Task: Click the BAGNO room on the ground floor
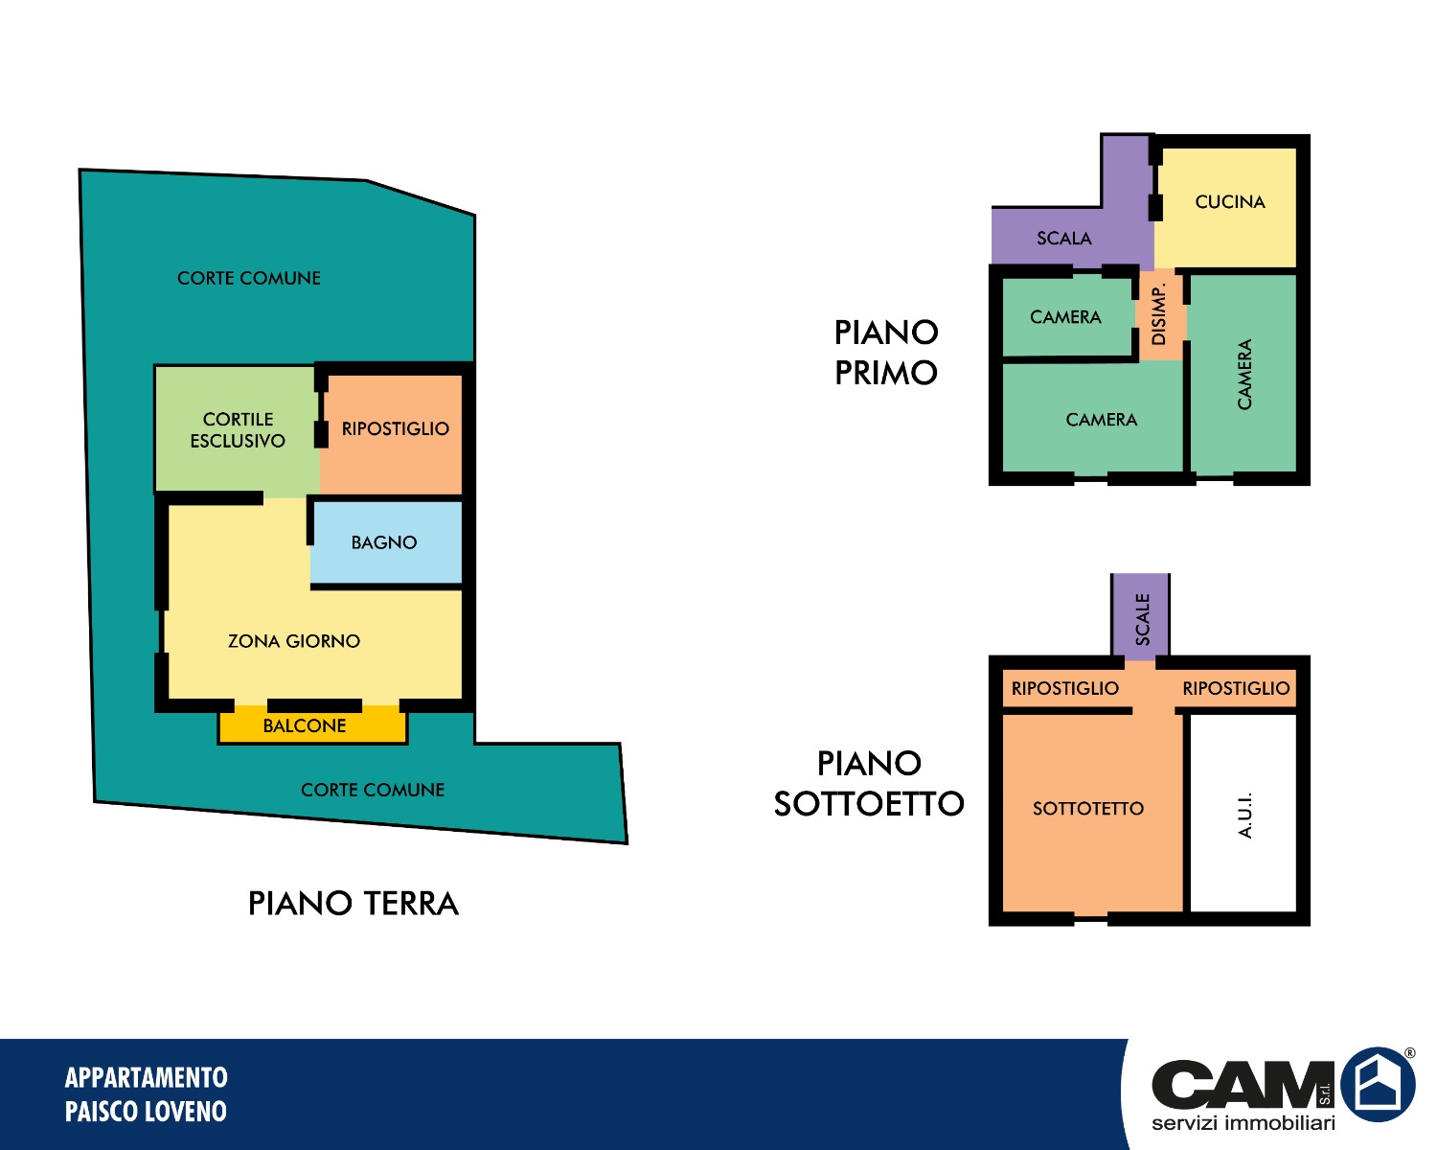pyautogui.click(x=386, y=542)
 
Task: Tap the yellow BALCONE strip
pyautogui.click(x=312, y=725)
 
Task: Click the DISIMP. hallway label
pyautogui.click(x=1159, y=313)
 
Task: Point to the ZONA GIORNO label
pyautogui.click(x=294, y=641)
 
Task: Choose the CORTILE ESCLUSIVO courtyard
pyautogui.click(x=237, y=429)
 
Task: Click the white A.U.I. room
pyautogui.click(x=1243, y=814)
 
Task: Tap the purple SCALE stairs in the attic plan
pyautogui.click(x=1140, y=616)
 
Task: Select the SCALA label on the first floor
pyautogui.click(x=1063, y=239)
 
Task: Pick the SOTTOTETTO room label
pyautogui.click(x=1087, y=809)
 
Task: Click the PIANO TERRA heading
pyautogui.click(x=354, y=904)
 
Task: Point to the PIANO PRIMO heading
pyautogui.click(x=886, y=352)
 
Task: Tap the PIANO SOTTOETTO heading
pyautogui.click(x=869, y=783)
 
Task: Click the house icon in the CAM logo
pyautogui.click(x=1379, y=1084)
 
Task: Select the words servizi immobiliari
pyautogui.click(x=1243, y=1122)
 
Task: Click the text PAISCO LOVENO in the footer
pyautogui.click(x=146, y=1112)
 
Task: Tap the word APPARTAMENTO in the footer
pyautogui.click(x=147, y=1077)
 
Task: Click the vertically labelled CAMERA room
pyautogui.click(x=1243, y=374)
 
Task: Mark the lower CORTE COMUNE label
pyautogui.click(x=373, y=790)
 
